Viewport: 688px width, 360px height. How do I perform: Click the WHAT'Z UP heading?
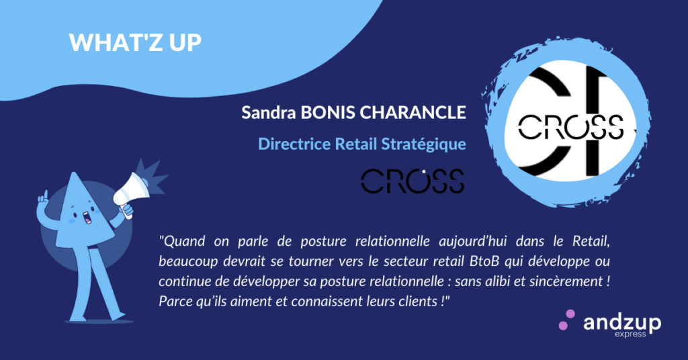coord(135,42)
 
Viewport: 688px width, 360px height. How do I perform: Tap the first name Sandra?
coord(269,112)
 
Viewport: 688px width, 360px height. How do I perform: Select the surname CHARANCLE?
coord(413,112)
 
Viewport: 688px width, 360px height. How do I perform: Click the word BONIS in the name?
coord(328,112)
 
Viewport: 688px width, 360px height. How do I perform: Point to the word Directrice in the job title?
coord(294,144)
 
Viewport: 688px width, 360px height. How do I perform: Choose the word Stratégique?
coord(423,144)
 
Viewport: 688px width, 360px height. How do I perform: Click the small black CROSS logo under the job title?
coord(413,181)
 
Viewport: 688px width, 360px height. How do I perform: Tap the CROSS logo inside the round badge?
coord(571,127)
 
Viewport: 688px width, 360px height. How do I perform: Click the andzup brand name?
coord(621,323)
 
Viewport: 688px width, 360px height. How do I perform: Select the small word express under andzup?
coord(630,334)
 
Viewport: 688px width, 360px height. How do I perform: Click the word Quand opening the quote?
coord(182,241)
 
